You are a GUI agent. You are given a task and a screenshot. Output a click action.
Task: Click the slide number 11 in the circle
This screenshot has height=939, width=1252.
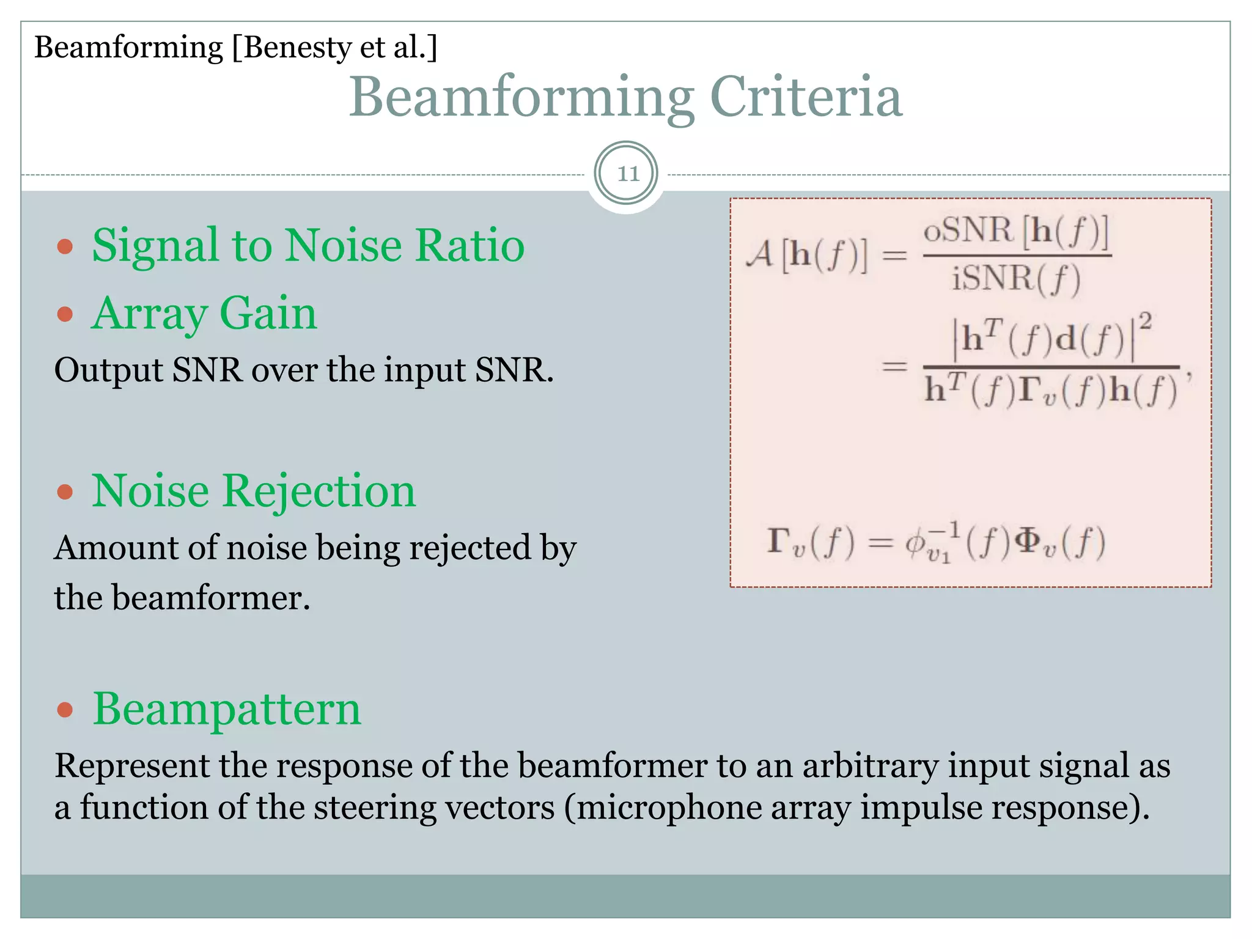tap(627, 174)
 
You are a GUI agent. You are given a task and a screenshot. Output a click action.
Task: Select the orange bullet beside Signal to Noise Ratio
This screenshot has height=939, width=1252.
tap(65, 247)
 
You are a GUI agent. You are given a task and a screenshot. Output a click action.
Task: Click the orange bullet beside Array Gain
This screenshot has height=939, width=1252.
tap(65, 315)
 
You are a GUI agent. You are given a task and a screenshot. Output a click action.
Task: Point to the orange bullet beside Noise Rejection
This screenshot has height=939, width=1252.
tap(65, 492)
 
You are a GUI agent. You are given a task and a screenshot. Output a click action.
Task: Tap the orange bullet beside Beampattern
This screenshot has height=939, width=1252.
tap(65, 710)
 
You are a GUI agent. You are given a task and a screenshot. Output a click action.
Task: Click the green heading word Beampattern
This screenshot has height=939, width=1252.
tap(227, 710)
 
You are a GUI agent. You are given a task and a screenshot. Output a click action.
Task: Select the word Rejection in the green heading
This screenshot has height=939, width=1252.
tap(319, 492)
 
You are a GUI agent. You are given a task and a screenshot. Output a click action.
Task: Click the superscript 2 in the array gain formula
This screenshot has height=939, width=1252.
tap(1146, 322)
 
